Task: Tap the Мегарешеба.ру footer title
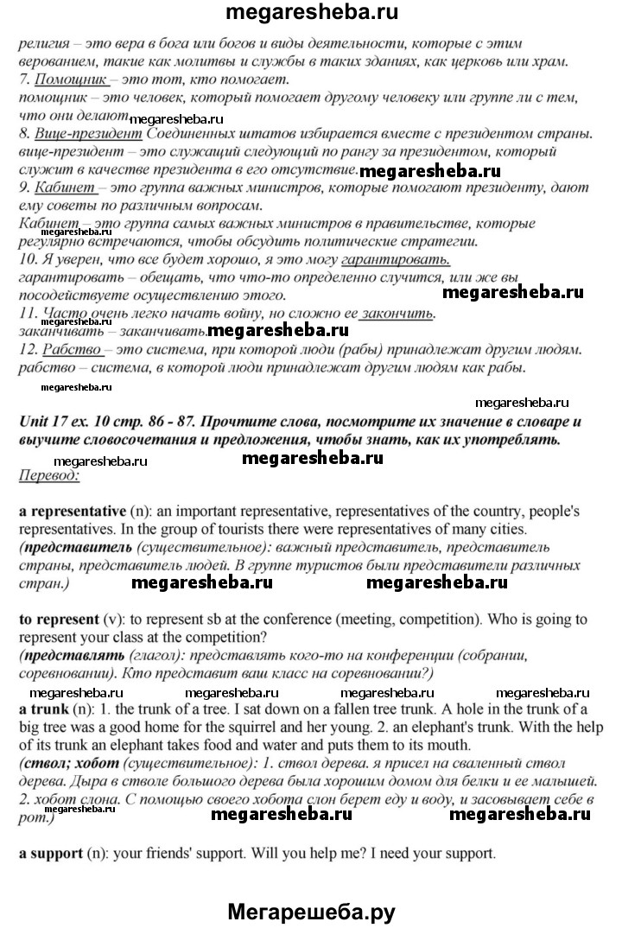coord(312,909)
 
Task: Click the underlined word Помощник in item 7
coord(71,79)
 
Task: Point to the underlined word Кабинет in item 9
coord(61,188)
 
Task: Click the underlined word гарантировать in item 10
coord(396,258)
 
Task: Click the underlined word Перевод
coord(48,475)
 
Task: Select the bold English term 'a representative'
coord(73,511)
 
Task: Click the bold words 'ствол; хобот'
coord(72,763)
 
